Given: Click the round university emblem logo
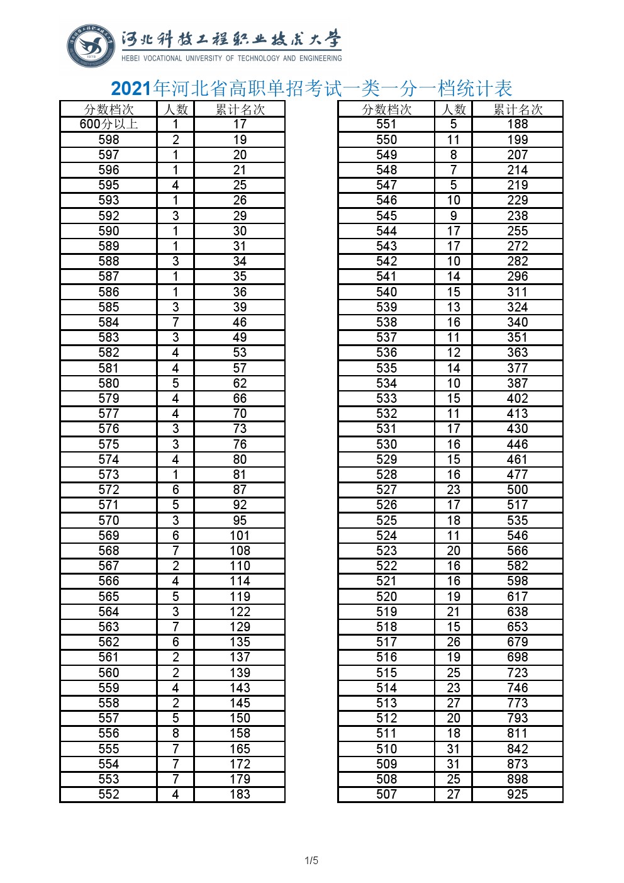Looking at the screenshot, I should click(92, 46).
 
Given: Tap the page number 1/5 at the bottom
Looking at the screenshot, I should click(311, 860).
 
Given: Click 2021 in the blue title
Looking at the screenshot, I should click(131, 89).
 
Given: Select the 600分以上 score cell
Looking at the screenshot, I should click(109, 125).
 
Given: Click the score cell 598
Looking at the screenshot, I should click(109, 140).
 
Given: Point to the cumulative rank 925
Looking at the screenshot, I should click(517, 794).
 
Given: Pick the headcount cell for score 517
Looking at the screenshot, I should click(454, 642).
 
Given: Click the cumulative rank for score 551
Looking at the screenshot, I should click(517, 125).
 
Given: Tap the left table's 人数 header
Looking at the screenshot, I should click(175, 110).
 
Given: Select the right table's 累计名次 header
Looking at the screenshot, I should click(517, 110).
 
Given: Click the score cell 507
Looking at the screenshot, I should click(386, 794).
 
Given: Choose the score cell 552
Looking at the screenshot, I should click(109, 794).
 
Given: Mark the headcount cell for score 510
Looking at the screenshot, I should click(454, 749).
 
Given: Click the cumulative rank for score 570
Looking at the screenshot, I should click(240, 520).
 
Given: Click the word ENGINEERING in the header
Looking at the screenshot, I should click(321, 59).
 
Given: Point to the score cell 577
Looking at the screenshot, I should click(109, 413).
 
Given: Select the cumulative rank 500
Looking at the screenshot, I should click(517, 490).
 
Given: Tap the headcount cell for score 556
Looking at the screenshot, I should click(175, 733).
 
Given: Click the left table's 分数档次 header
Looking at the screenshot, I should click(109, 110).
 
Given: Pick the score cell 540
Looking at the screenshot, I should click(386, 292).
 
